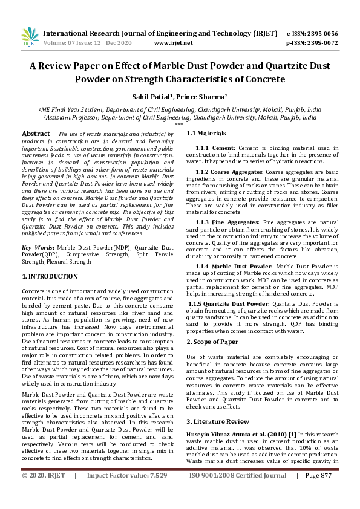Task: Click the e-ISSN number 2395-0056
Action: coord(319,33)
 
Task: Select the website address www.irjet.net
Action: coord(174,43)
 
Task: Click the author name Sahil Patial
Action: coord(151,96)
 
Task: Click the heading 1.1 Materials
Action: coord(206,133)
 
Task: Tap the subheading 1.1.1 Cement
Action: coord(215,148)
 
